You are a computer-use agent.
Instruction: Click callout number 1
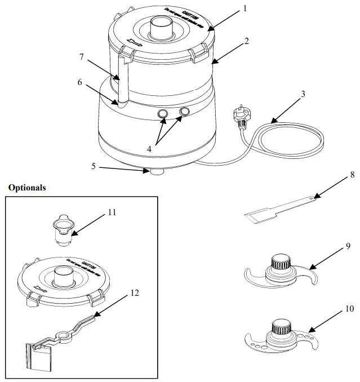(x=245, y=8)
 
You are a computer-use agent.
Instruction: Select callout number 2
(x=246, y=41)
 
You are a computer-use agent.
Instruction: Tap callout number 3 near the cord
(x=303, y=94)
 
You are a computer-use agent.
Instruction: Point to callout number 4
(x=150, y=149)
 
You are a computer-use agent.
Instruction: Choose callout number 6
(x=80, y=82)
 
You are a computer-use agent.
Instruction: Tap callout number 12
(x=133, y=292)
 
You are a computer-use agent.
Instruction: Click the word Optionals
(x=27, y=187)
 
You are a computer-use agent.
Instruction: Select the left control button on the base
(x=163, y=114)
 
